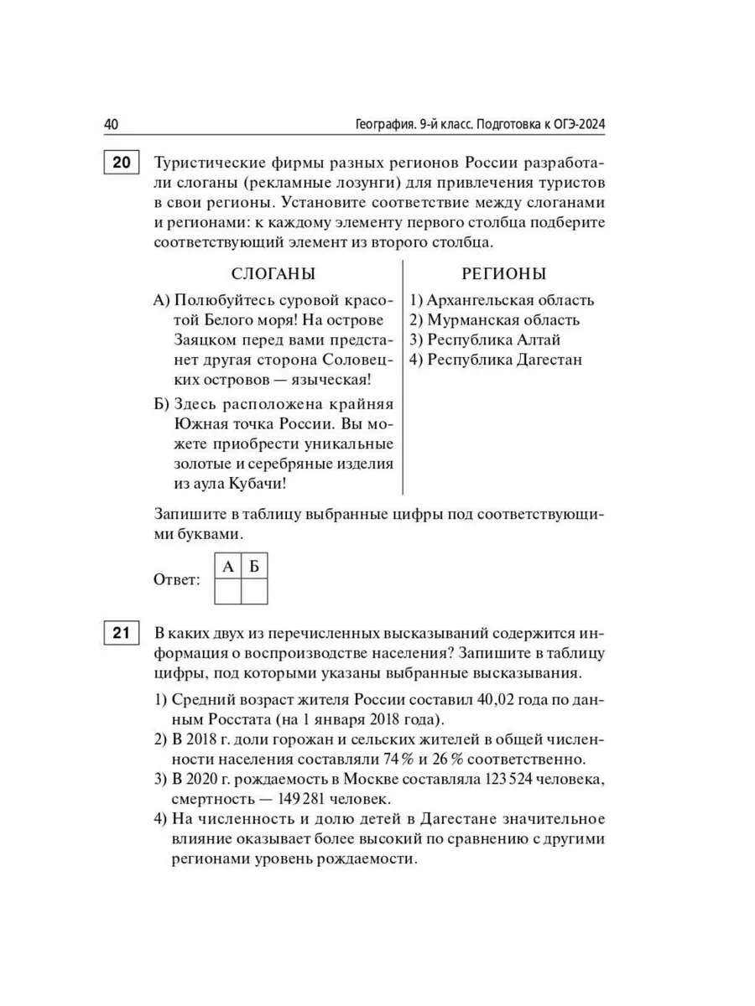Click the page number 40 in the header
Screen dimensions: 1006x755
pyautogui.click(x=112, y=125)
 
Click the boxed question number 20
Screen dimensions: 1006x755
pyautogui.click(x=121, y=163)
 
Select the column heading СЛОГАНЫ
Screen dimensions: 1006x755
pyautogui.click(x=273, y=274)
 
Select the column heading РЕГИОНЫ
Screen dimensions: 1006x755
pyautogui.click(x=503, y=274)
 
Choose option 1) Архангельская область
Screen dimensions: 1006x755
pyautogui.click(x=502, y=300)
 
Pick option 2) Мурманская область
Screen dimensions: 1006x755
pyautogui.click(x=494, y=320)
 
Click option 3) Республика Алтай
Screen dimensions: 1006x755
pyautogui.click(x=485, y=340)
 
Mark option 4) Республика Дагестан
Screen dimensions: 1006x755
pyautogui.click(x=496, y=360)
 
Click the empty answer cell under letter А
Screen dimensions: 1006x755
pyautogui.click(x=227, y=592)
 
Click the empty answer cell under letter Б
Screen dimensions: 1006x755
pyautogui.click(x=254, y=592)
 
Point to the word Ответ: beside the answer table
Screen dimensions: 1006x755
pyautogui.click(x=177, y=579)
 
